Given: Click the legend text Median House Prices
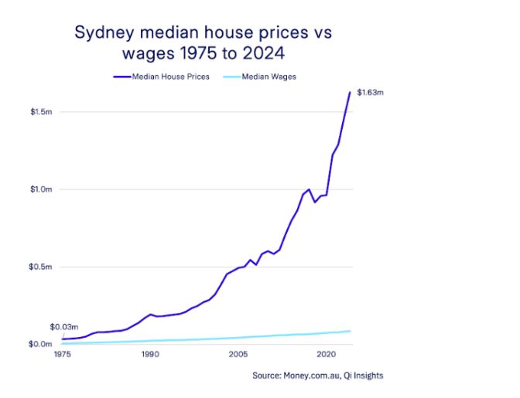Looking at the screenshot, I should (169, 77).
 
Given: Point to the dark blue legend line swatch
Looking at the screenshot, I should (121, 77).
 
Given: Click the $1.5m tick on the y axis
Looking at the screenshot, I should (41, 112).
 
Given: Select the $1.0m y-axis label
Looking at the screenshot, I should (41, 189).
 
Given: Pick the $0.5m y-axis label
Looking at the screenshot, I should (41, 267).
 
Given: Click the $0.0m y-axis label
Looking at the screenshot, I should (41, 344).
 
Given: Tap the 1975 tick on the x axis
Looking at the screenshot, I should (62, 354).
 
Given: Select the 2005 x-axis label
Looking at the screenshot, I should (238, 354).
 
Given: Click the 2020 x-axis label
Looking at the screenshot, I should (325, 354).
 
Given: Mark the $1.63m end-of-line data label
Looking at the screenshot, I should (369, 93).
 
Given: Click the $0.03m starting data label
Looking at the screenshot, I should (64, 327).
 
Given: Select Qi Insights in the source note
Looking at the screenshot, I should (364, 376).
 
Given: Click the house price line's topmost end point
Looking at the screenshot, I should (350, 92).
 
